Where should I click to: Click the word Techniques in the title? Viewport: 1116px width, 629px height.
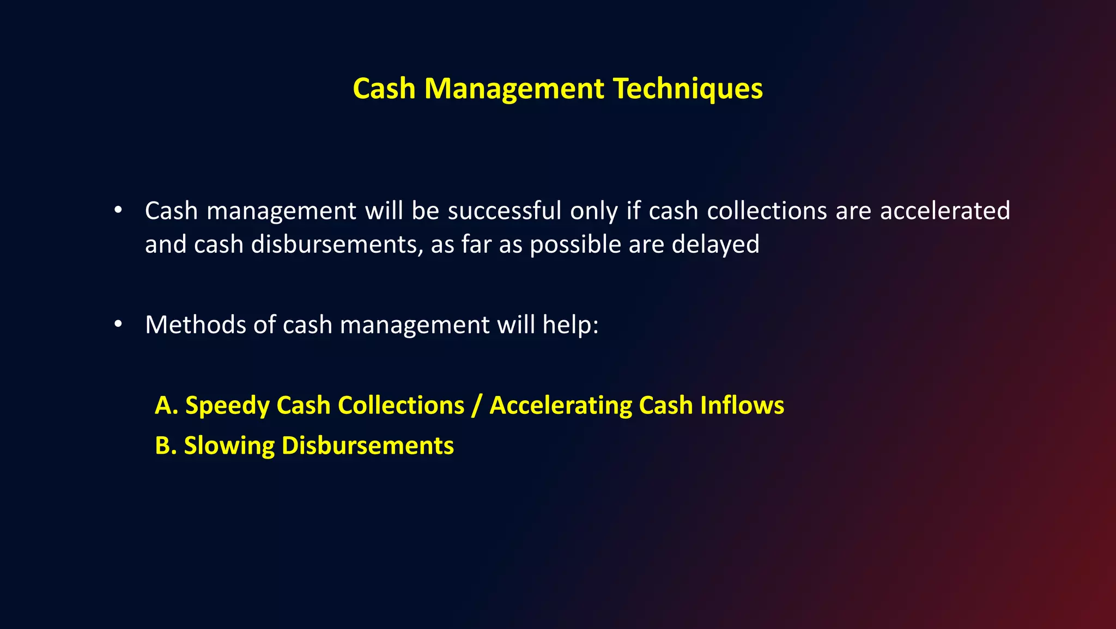click(688, 89)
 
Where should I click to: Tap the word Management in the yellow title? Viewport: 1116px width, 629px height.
click(514, 89)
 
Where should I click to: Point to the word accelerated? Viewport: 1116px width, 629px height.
click(945, 211)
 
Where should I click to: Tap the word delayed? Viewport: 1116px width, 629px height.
click(715, 245)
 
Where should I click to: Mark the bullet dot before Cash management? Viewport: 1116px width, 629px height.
click(118, 210)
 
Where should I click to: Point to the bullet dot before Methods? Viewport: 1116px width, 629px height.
click(118, 325)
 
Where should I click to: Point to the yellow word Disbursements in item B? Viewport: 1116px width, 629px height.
click(367, 445)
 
